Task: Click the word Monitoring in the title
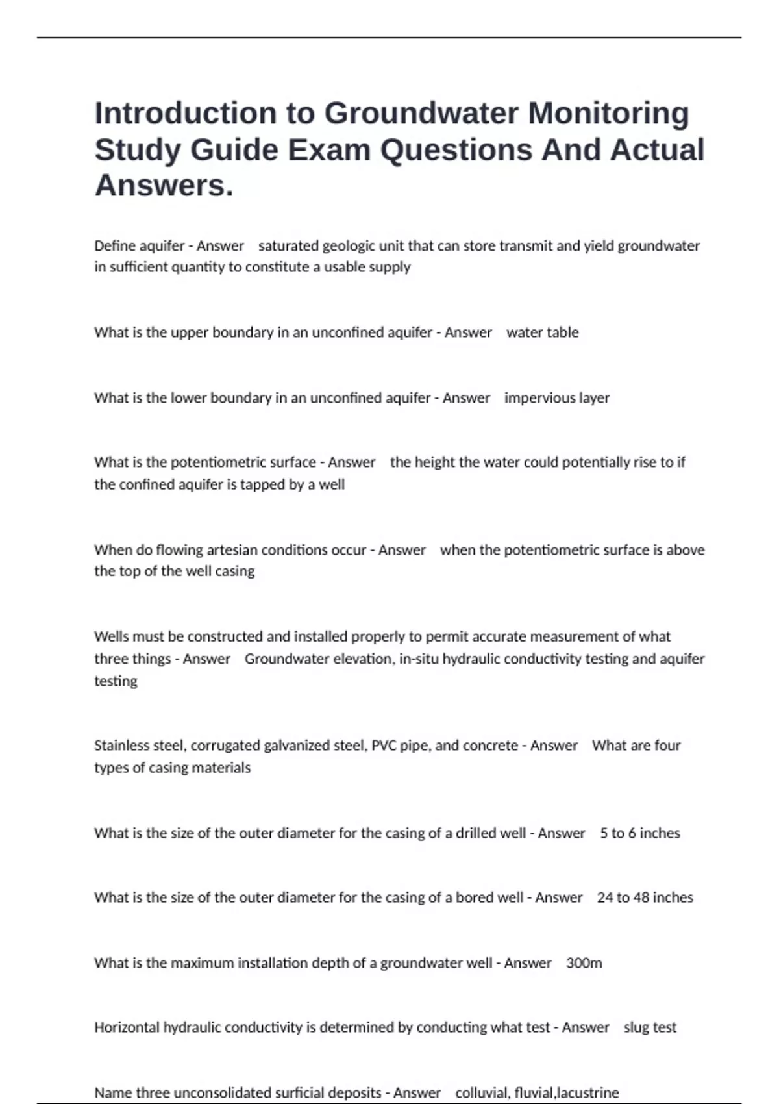point(608,113)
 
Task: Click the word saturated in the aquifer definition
point(288,246)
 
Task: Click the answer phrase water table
point(542,332)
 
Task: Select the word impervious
point(536,398)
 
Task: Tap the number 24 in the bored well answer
point(604,897)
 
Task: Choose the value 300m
point(584,963)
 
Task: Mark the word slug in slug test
point(636,1027)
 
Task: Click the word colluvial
point(481,1093)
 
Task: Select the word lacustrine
point(588,1093)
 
